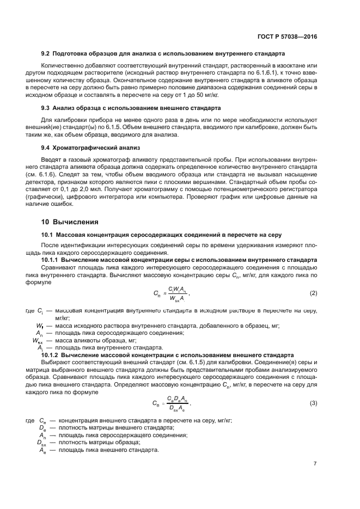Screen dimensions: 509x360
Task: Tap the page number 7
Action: click(x=315, y=464)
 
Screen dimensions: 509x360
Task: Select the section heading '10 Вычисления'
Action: click(x=70, y=222)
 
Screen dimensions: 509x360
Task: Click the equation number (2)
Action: click(x=313, y=293)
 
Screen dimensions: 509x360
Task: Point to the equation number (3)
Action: click(x=313, y=403)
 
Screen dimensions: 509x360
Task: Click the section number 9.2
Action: click(x=47, y=56)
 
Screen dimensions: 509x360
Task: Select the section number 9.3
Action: click(x=47, y=108)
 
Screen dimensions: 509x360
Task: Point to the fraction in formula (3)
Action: click(x=178, y=403)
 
